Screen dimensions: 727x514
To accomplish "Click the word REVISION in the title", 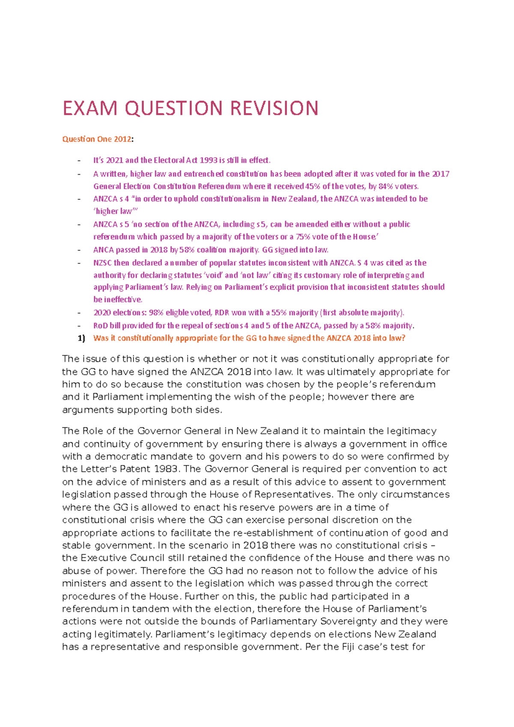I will [x=274, y=108].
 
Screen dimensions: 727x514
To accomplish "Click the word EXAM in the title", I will [x=90, y=108].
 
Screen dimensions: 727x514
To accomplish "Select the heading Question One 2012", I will [x=97, y=139].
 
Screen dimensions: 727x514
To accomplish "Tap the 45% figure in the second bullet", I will [x=313, y=186].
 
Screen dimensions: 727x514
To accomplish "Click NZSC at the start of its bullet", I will [x=102, y=262].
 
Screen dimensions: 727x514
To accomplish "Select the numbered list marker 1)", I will [x=81, y=338].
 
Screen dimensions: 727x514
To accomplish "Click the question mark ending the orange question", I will [x=403, y=338].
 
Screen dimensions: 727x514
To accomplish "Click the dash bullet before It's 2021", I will [x=79, y=161].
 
